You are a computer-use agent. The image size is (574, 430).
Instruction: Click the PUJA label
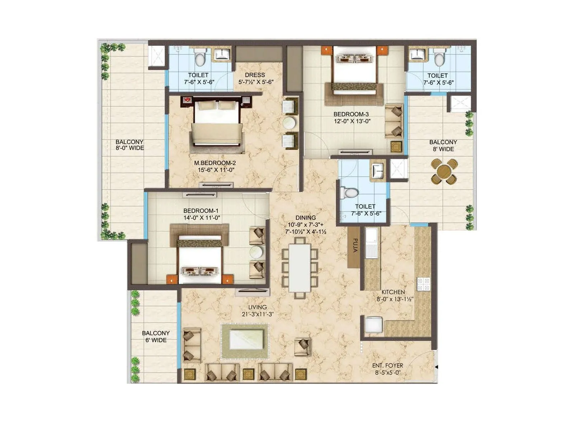pos(355,246)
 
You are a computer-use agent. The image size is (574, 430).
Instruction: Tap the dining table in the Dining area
pos(300,268)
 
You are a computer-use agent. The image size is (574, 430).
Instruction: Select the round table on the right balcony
pos(444,171)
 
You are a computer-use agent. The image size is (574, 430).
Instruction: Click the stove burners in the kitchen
pos(423,284)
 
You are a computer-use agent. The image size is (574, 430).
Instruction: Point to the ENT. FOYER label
pos(387,365)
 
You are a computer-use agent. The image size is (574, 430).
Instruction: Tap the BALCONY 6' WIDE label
pos(156,336)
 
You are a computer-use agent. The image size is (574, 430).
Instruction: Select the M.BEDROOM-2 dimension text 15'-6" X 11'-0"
pos(214,170)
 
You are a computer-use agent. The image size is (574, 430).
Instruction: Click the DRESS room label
pos(255,75)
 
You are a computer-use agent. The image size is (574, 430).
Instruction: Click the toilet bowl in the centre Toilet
pos(349,193)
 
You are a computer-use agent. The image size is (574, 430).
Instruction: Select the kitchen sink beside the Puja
pos(371,243)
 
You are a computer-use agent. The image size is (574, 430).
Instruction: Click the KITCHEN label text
pos(393,292)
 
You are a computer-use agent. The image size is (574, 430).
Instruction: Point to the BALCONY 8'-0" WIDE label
pos(130,145)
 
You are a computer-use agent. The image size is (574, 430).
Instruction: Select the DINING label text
pos(306,218)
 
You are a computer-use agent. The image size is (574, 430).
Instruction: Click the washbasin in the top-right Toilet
pos(417,54)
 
